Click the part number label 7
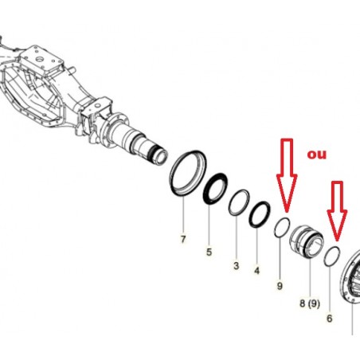point(183,240)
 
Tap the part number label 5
point(209,252)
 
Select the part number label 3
point(237,265)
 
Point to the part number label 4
point(256,271)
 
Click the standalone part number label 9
point(280,286)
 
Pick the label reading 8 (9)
point(310,303)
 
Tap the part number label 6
point(330,318)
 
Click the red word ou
point(317,155)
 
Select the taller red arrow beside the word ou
point(287,175)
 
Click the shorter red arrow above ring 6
point(337,211)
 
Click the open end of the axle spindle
point(161,158)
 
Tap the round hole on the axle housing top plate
point(40,59)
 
